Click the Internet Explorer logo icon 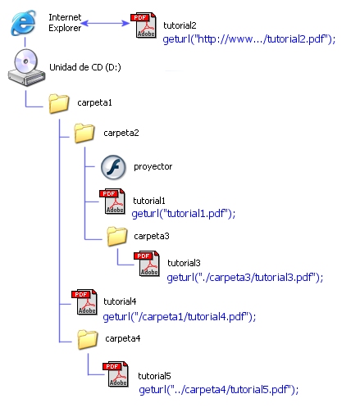point(24,23)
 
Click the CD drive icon point(26,67)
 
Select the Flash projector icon point(113,167)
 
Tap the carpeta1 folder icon point(58,103)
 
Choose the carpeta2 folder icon point(84,133)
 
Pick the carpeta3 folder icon point(117,236)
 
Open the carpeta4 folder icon point(88,339)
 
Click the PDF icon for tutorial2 point(144,25)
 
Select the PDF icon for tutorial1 point(112,201)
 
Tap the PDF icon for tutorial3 point(147,264)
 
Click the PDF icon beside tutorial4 point(84,302)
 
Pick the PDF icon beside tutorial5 point(116,374)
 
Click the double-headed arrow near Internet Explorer point(106,23)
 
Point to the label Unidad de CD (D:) point(85,67)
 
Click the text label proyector point(153,166)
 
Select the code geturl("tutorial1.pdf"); point(184,213)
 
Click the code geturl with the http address point(249,39)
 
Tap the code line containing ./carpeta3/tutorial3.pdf point(245,278)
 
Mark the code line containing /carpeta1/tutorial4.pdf point(180,317)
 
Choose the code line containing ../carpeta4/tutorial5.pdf point(219,389)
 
